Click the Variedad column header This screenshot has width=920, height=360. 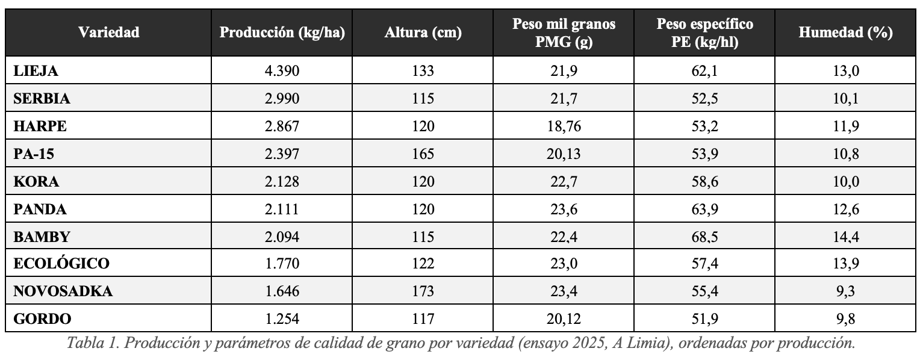pos(109,33)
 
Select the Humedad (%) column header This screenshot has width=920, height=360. pos(845,33)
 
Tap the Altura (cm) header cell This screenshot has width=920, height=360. pos(423,33)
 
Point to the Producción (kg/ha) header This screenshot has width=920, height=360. pos(282,33)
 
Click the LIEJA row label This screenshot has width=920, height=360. pos(36,70)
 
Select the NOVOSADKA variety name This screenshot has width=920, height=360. pos(63,291)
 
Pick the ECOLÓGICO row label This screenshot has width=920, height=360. pos(61,263)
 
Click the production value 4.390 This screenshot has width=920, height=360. pos(282,70)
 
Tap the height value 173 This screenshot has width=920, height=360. pos(423,291)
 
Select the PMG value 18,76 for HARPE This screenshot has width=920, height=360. pos(564,126)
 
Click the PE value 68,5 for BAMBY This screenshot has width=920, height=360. pos(704,237)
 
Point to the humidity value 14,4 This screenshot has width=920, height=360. pos(845,237)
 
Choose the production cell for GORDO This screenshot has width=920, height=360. pos(282,318)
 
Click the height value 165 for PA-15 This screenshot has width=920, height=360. pos(423,154)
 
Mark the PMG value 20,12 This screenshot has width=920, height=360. pos(564,318)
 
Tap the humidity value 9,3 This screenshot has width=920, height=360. pos(845,291)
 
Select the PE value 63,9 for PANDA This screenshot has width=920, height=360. pos(704,209)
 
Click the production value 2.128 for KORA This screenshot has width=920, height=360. pos(282,181)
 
